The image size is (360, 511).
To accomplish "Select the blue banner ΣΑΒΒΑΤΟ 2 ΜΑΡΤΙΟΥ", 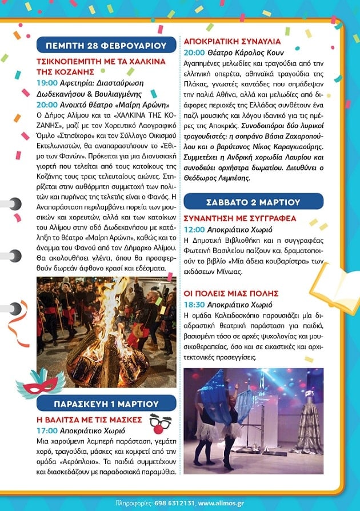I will coord(254,202).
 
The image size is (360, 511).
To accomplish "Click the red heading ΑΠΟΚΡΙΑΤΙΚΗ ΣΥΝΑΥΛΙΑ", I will coord(231,41).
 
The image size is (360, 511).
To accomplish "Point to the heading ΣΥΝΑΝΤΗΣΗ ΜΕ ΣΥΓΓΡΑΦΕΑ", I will coord(240,218).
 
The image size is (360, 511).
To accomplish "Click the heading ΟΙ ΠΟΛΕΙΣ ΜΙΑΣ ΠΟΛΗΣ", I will coord(239,293).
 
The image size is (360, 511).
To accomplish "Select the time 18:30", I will coord(194,305).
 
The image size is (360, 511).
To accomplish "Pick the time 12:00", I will coord(194,230).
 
